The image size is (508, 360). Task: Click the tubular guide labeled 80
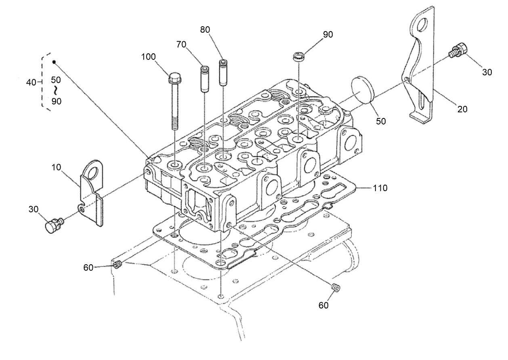pyautogui.click(x=223, y=73)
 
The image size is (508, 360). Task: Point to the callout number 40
pyautogui.click(x=31, y=82)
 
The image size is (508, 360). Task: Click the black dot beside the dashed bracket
pyautogui.click(x=54, y=62)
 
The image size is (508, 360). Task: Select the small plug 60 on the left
pyautogui.click(x=118, y=265)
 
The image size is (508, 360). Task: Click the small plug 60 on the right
pyautogui.click(x=335, y=287)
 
